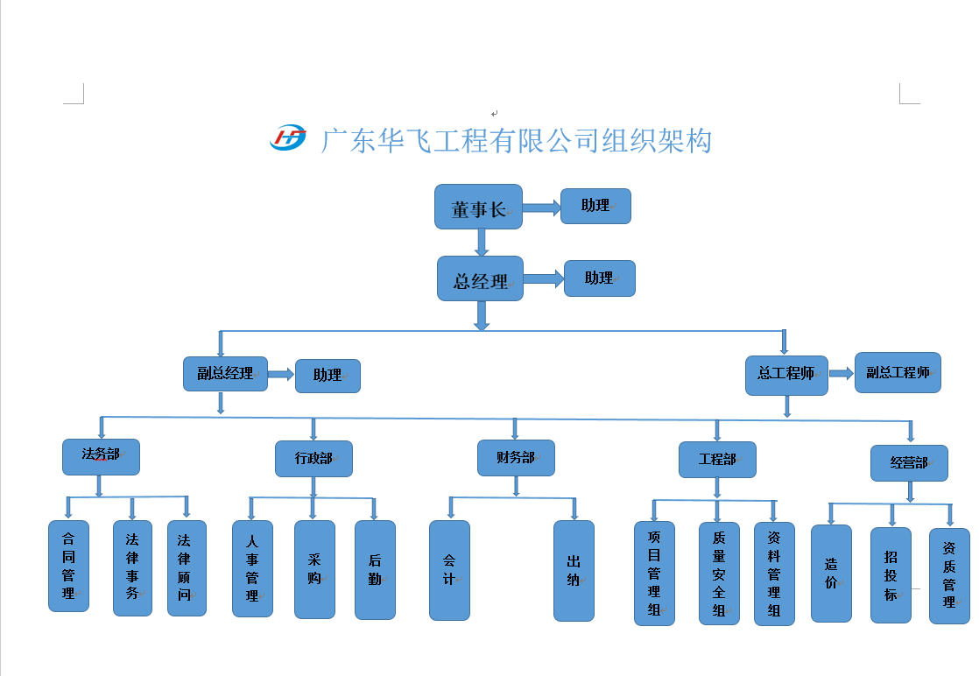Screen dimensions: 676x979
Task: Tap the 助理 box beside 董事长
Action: click(x=595, y=206)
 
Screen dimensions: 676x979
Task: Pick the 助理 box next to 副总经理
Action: click(x=328, y=376)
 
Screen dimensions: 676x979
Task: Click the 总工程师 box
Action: click(x=786, y=375)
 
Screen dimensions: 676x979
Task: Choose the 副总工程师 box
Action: click(x=898, y=372)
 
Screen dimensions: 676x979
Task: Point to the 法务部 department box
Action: click(x=101, y=456)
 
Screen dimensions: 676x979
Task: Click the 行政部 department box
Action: click(x=313, y=459)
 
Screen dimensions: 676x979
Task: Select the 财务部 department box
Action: click(x=516, y=457)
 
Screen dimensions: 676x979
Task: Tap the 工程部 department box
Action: click(x=717, y=460)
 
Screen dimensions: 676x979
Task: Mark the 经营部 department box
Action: click(x=909, y=462)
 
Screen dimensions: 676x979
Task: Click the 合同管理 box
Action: click(x=68, y=566)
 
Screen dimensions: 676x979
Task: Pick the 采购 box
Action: click(x=314, y=569)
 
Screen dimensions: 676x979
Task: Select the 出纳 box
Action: click(x=574, y=571)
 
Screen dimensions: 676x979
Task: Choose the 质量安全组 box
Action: click(x=719, y=574)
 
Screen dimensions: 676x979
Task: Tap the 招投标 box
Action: click(x=891, y=575)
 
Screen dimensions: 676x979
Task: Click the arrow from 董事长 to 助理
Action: click(x=541, y=208)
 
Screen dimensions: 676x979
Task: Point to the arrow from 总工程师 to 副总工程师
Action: click(x=841, y=373)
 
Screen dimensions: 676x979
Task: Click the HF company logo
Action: click(x=288, y=137)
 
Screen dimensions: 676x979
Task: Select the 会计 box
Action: click(x=449, y=570)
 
